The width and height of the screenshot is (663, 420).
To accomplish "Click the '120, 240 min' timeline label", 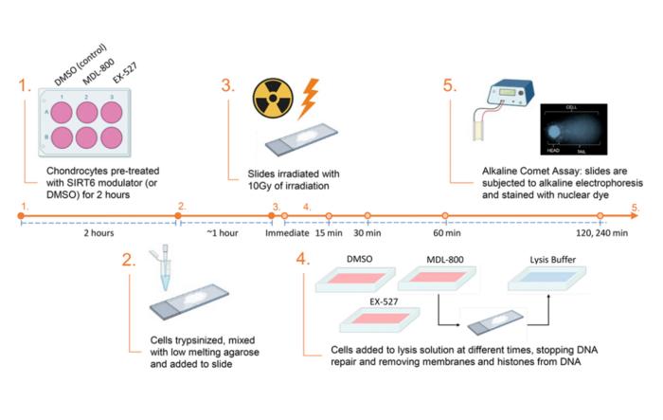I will [604, 233].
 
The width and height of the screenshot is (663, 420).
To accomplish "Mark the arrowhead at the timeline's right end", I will [642, 216].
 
